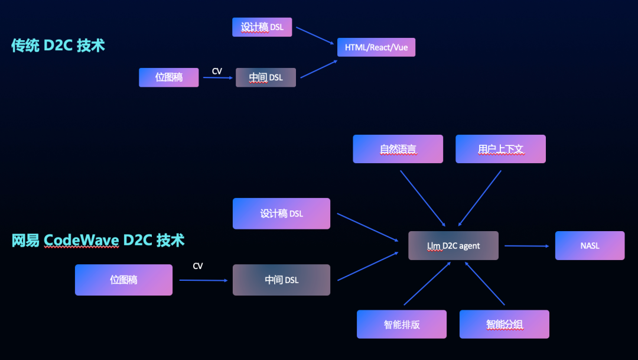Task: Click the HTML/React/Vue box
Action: click(x=376, y=47)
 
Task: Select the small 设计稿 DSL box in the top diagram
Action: click(x=262, y=27)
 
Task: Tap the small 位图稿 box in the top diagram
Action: click(x=169, y=77)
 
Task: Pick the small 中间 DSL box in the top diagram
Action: click(x=265, y=77)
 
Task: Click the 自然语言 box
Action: click(x=398, y=149)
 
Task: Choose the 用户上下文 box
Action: click(x=500, y=149)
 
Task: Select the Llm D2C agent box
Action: click(x=453, y=246)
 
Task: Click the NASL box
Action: click(x=590, y=245)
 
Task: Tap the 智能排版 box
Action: click(x=401, y=324)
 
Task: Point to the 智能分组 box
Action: click(x=504, y=324)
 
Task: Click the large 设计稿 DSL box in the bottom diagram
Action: click(x=281, y=213)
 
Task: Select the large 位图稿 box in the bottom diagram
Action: click(x=123, y=280)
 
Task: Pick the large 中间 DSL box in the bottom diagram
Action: click(x=281, y=280)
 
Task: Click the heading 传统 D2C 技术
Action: click(x=58, y=46)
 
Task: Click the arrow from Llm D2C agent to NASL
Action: click(x=526, y=246)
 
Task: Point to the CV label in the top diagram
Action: click(x=217, y=72)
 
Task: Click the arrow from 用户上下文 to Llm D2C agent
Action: click(x=480, y=198)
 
